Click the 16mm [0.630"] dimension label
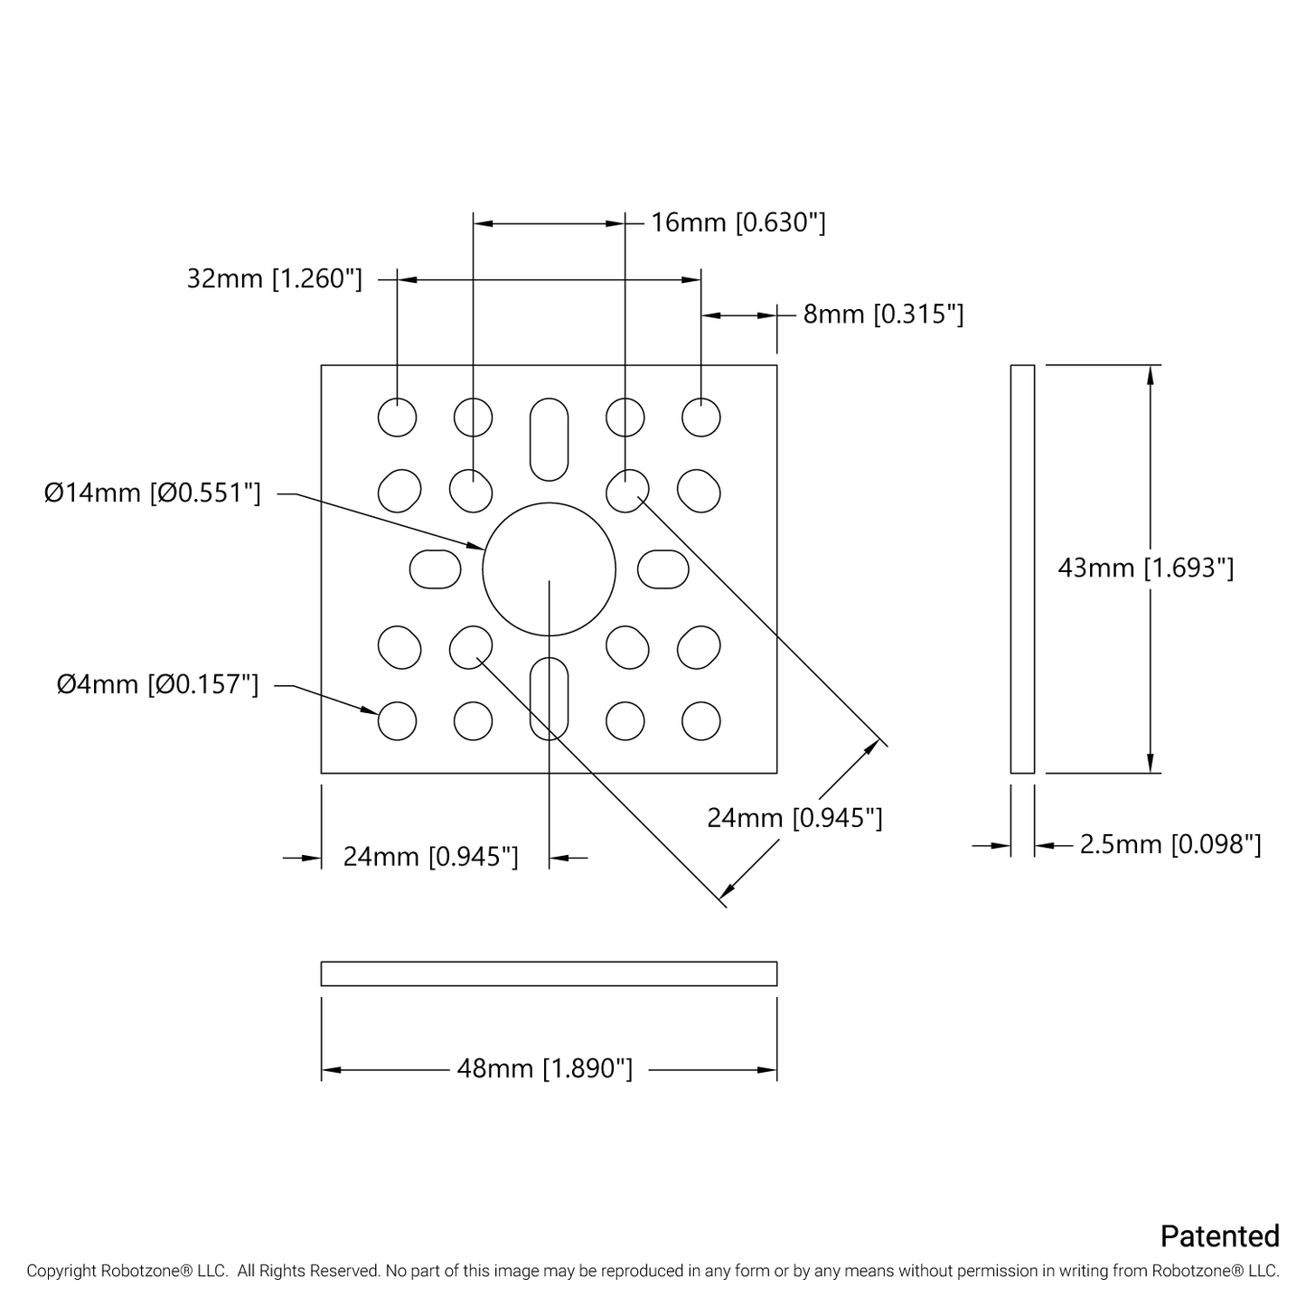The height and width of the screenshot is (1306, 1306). [738, 222]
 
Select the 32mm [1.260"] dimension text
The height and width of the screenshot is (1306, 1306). [275, 278]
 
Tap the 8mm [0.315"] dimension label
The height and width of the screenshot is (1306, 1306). [883, 315]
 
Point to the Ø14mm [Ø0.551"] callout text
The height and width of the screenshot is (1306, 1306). [154, 493]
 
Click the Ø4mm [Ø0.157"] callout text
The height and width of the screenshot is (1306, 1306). [158, 685]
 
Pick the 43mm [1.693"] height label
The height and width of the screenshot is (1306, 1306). [1145, 568]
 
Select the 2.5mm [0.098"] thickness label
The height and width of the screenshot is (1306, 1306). [1170, 844]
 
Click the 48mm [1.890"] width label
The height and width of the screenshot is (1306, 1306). [545, 1069]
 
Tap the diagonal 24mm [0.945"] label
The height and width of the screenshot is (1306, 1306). [794, 818]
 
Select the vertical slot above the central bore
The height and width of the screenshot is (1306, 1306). [549, 439]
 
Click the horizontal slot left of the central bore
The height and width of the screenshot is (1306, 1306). [436, 569]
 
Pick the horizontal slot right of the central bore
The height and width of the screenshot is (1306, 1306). [663, 569]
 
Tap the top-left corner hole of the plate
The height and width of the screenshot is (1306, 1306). [397, 418]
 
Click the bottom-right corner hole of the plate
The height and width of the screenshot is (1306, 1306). [701, 721]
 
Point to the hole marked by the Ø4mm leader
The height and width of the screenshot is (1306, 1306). [397, 721]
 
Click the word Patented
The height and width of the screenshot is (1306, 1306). [1219, 1236]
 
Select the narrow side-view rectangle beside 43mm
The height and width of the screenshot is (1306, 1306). [1022, 568]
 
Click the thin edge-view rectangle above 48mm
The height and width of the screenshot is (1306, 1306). [549, 973]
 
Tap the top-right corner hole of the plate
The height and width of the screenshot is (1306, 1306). [701, 418]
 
